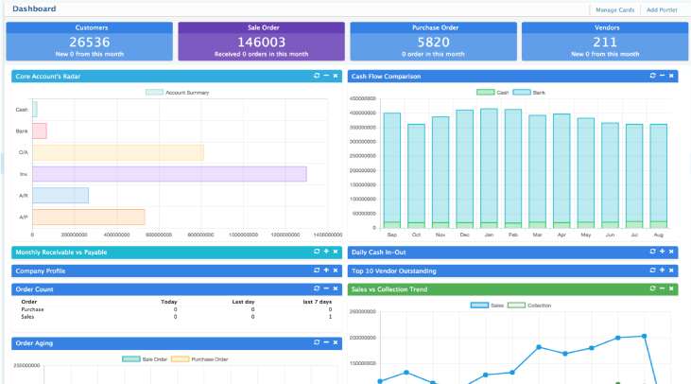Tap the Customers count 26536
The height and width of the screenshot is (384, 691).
[x=91, y=43]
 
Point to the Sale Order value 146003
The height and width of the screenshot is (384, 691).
[x=262, y=43]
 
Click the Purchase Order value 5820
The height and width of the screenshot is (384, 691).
[x=433, y=43]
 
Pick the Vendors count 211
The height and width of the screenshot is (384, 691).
[x=605, y=43]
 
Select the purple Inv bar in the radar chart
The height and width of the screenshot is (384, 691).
[x=169, y=174]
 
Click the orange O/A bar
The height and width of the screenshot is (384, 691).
[x=118, y=152]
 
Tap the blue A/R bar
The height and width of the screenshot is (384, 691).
[x=60, y=195]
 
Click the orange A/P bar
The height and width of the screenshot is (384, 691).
[x=89, y=217]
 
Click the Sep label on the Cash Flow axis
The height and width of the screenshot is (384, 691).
[x=391, y=234]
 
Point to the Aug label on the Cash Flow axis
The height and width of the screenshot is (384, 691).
[x=658, y=234]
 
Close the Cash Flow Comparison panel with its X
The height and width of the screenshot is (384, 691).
[x=670, y=76]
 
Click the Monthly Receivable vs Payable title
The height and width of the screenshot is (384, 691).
[x=55, y=253]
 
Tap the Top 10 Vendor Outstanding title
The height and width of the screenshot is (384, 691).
[x=394, y=271]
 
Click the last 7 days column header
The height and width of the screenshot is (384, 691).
[x=318, y=302]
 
